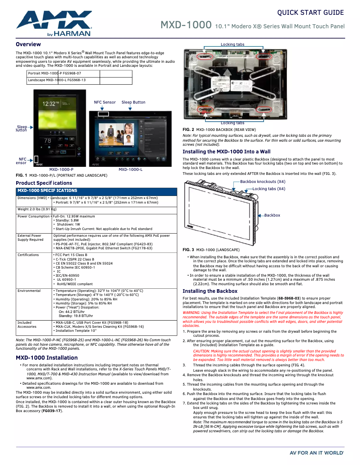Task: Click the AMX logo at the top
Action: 54,23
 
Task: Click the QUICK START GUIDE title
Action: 311,13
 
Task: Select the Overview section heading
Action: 28,44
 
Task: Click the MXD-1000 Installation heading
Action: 47,358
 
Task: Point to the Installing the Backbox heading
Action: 210,291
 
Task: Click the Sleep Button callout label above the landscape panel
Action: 133,102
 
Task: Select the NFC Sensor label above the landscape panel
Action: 105,102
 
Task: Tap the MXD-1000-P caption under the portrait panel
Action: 61,169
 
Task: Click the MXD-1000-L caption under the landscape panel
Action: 131,169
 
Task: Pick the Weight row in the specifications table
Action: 36,209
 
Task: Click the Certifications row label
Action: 28,255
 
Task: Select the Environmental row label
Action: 29,291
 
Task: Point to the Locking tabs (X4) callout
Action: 269,189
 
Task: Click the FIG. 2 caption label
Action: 189,129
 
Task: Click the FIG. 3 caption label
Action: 189,249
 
